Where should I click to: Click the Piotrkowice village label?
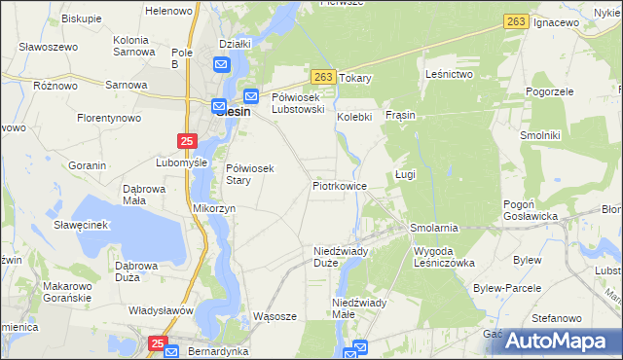[339, 185]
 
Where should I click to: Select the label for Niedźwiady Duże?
[340, 256]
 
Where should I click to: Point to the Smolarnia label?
[433, 228]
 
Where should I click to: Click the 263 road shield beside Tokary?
[324, 77]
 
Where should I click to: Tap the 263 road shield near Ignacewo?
[516, 21]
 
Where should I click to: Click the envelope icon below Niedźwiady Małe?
[359, 347]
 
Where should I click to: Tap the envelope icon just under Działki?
[221, 66]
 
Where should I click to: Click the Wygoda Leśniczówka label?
[443, 256]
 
